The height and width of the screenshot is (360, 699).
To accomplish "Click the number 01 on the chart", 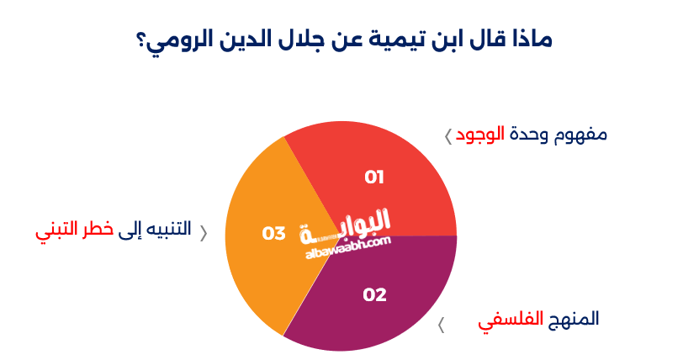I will coord(374,177).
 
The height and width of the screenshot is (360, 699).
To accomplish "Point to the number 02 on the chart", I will coord(374,295).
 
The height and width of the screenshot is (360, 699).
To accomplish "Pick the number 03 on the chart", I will coord(274,233).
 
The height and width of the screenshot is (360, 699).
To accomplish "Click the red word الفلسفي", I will coord(509,320).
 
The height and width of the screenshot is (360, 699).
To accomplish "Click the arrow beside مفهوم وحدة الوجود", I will coord(447,135).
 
